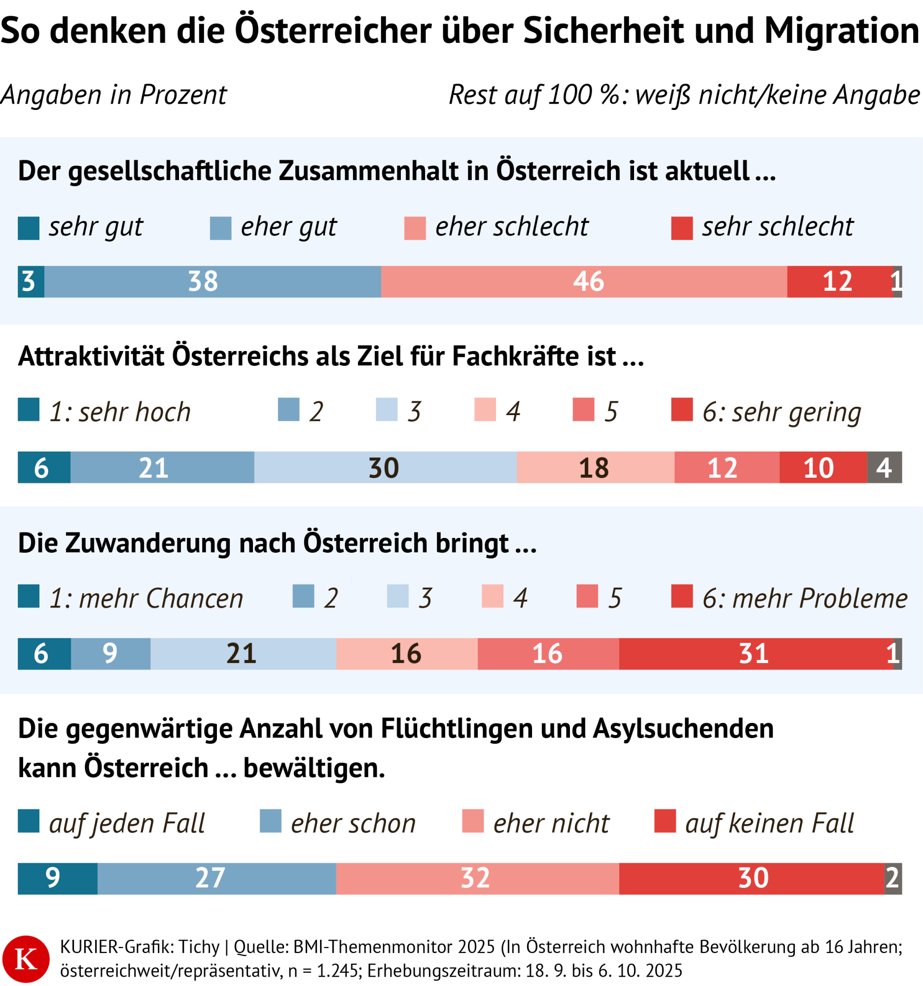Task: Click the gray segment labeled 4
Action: click(884, 467)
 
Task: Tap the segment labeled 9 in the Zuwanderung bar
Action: click(110, 654)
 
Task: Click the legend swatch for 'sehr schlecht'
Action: click(681, 228)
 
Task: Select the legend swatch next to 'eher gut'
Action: click(220, 228)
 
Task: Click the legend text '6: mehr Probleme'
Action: click(805, 598)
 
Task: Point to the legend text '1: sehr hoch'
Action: click(119, 412)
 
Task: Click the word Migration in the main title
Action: click(841, 31)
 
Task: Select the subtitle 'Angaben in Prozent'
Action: click(113, 95)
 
